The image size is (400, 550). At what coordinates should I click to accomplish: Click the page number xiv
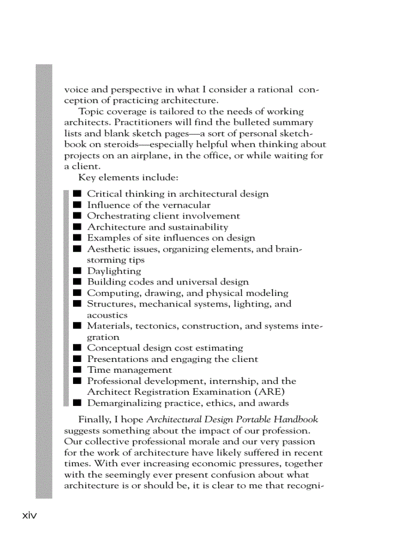tap(30, 516)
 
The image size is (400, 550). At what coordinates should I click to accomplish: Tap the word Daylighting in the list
tap(114, 271)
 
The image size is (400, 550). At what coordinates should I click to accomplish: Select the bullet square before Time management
tap(77, 370)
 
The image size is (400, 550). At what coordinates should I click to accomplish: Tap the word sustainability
tap(198, 227)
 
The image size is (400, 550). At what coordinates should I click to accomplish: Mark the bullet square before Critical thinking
tap(77, 194)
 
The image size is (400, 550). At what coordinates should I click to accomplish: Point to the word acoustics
tap(107, 315)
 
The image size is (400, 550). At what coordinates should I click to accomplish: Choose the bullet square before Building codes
tap(77, 282)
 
